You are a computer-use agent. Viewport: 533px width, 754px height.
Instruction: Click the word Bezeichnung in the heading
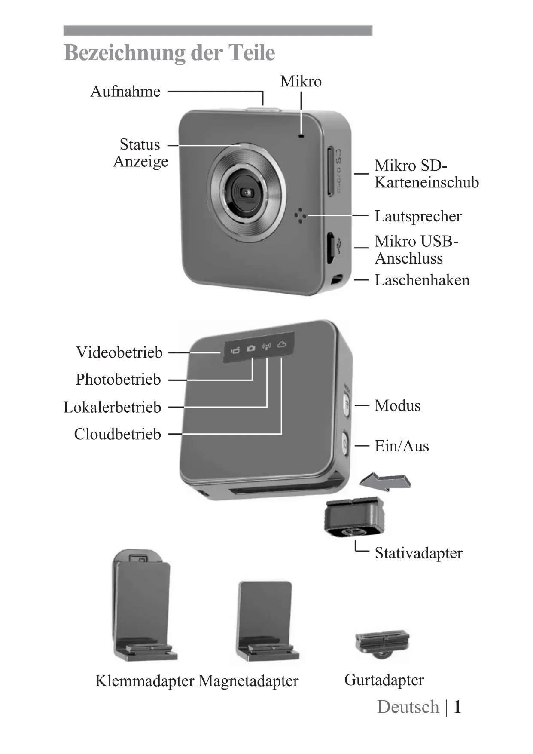coord(124,53)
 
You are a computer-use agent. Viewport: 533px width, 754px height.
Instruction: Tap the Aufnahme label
coord(125,91)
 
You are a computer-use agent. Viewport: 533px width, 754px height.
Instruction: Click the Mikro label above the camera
coord(301,81)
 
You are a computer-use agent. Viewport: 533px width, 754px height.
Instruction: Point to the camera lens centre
coord(246,193)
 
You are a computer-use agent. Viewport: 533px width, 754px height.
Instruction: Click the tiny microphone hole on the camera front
coord(301,136)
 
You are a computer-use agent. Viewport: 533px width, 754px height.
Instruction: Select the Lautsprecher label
coord(418,216)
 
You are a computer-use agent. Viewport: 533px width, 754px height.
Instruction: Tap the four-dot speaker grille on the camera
coord(301,216)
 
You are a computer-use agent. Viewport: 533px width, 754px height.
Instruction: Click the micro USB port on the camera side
coord(330,247)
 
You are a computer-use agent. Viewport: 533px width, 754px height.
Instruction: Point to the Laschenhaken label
coord(422,280)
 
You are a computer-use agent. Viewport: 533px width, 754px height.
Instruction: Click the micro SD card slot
coord(330,171)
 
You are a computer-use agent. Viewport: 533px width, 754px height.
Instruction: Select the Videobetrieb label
coord(119,352)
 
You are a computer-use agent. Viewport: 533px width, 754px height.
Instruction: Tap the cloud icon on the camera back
coord(282,344)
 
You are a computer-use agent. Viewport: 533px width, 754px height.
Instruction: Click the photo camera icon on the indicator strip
coord(251,348)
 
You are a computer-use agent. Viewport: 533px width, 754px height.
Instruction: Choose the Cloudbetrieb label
coord(117,434)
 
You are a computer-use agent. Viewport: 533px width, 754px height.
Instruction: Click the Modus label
coord(397,405)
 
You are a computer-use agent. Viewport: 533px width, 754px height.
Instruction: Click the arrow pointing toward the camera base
coord(385,482)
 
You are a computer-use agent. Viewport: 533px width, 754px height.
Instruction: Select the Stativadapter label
coord(418,553)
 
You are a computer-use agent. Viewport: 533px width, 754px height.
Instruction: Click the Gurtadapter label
coord(384,680)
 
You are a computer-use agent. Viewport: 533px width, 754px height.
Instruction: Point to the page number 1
coord(457,707)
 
